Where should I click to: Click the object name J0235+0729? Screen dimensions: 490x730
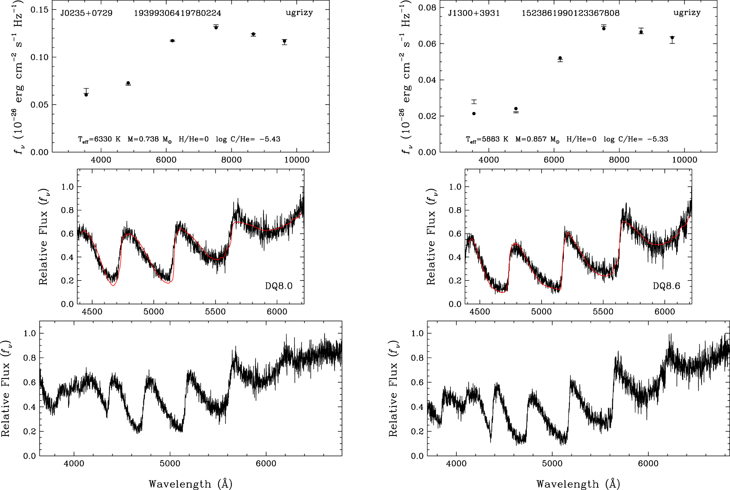pyautogui.click(x=86, y=13)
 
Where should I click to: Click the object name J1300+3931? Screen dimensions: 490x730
pyautogui.click(x=474, y=13)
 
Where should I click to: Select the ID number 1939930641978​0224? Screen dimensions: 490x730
pyautogui.click(x=177, y=13)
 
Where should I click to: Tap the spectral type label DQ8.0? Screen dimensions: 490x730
pyautogui.click(x=279, y=286)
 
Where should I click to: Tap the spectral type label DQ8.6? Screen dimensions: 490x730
pyautogui.click(x=666, y=286)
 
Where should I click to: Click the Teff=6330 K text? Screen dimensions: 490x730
pyautogui.click(x=99, y=139)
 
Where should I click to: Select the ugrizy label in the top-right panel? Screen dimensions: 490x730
pyautogui.click(x=687, y=12)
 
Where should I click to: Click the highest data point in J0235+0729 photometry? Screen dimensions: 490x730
pyautogui.click(x=216, y=28)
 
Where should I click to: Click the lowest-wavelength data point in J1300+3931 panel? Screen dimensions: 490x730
pyautogui.click(x=474, y=114)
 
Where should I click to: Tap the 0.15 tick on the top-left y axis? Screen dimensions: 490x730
pyautogui.click(x=39, y=9)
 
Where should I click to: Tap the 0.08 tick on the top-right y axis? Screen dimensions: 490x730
pyautogui.click(x=427, y=7)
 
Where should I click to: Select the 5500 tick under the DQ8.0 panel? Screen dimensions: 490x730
pyautogui.click(x=215, y=312)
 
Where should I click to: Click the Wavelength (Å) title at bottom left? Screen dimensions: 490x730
pyautogui.click(x=190, y=484)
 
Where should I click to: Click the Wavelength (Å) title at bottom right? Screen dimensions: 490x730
pyautogui.click(x=578, y=484)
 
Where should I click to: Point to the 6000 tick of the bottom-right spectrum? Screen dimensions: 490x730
pyautogui.click(x=648, y=463)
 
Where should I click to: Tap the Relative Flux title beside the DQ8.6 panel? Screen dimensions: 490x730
pyautogui.click(x=431, y=236)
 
